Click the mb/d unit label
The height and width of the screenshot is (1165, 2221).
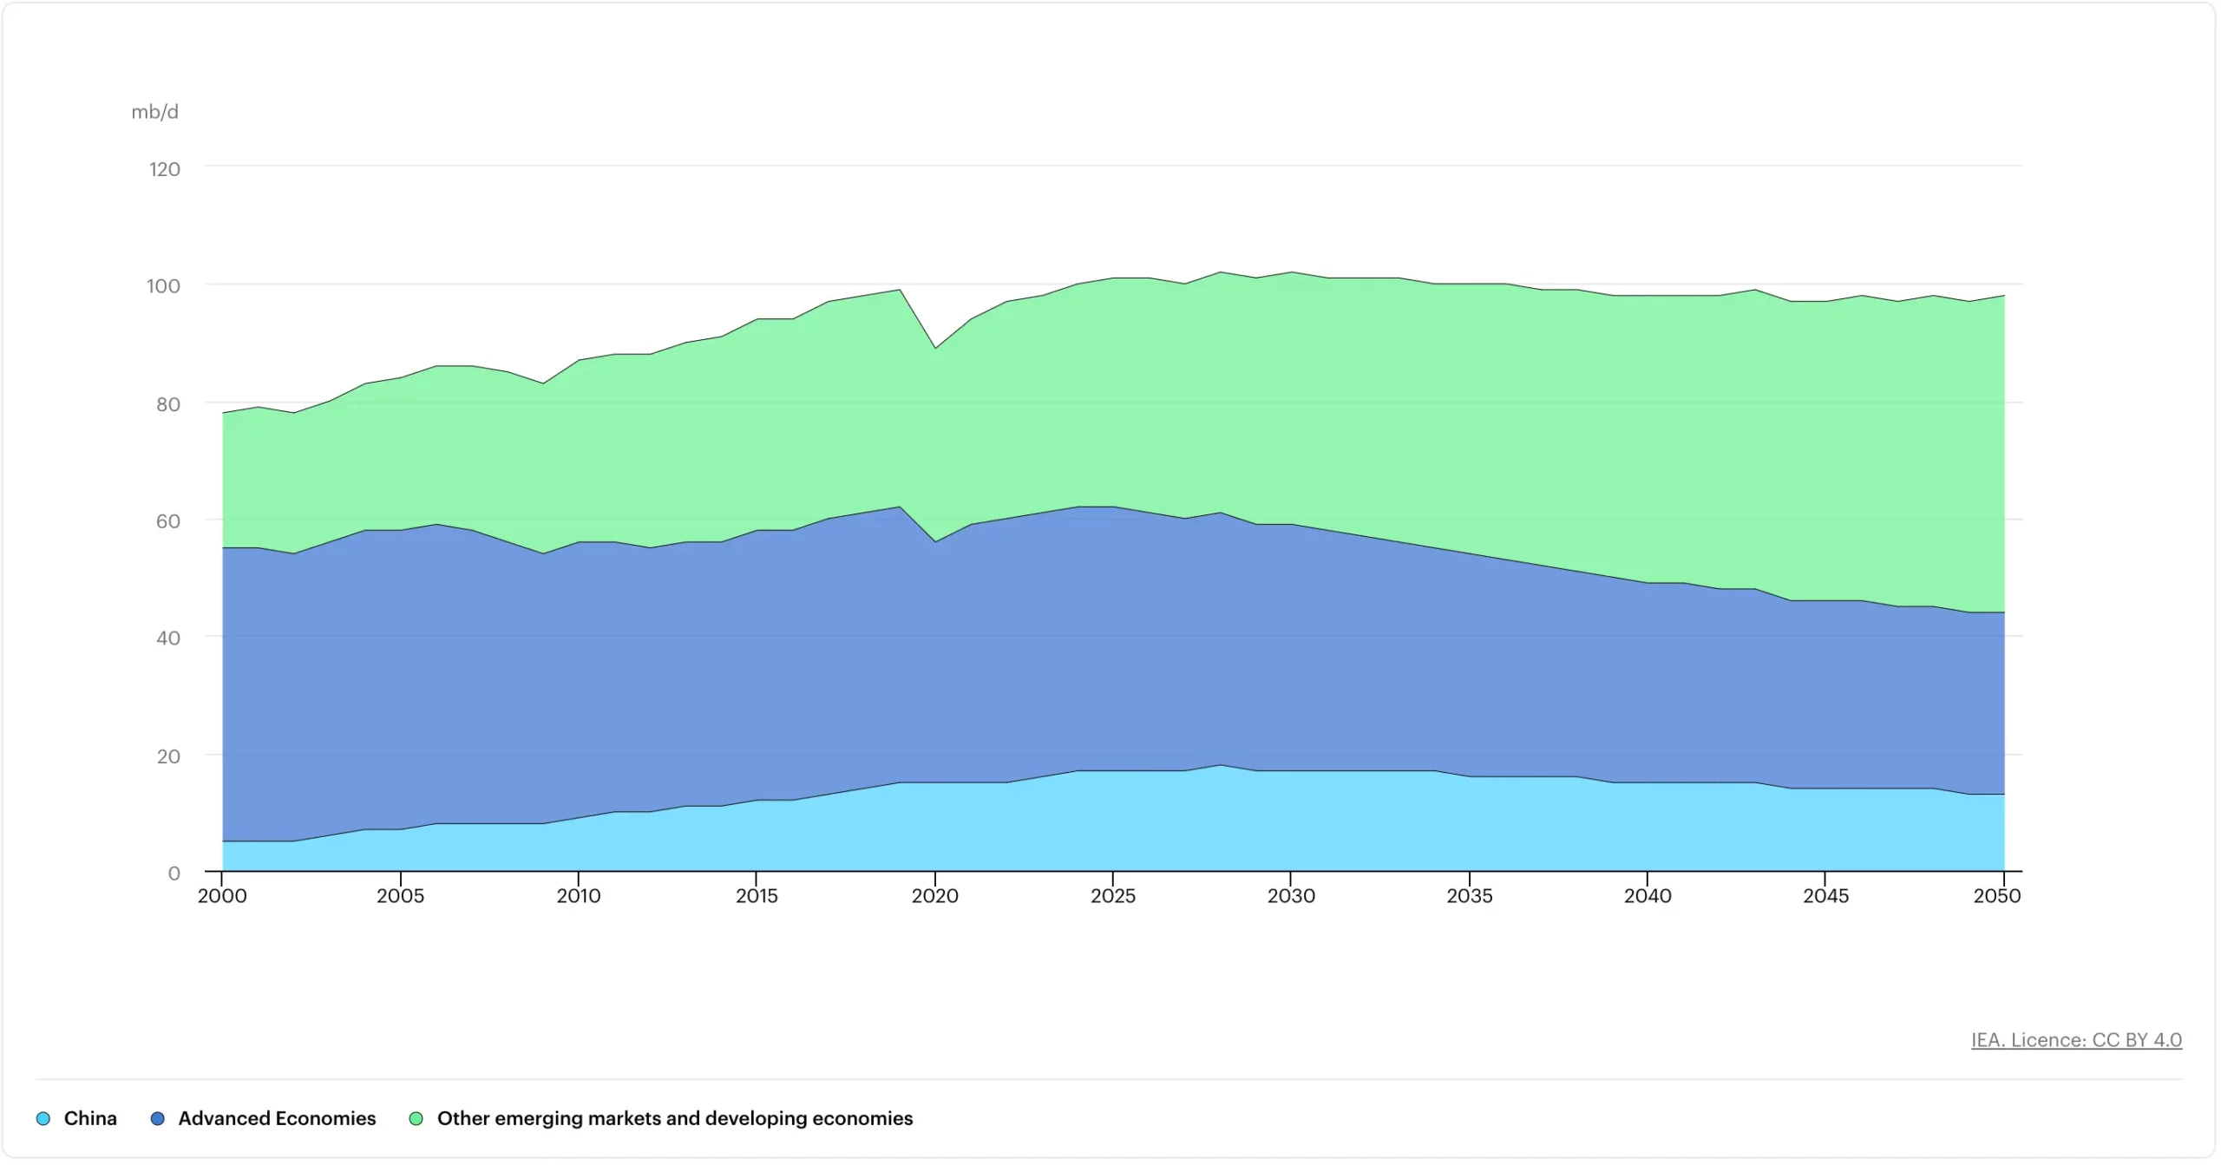[154, 112]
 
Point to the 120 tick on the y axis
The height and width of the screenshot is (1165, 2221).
[164, 169]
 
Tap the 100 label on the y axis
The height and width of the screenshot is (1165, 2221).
[163, 286]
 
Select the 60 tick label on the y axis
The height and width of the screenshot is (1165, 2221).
[167, 521]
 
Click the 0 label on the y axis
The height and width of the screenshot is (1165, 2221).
[174, 874]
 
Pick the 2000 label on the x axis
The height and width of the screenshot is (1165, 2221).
[222, 896]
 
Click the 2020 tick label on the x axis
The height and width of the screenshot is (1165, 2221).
[934, 896]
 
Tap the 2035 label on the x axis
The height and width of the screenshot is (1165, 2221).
[1469, 896]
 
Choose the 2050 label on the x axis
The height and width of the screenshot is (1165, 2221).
[1996, 896]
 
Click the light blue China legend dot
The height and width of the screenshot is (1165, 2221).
[43, 1119]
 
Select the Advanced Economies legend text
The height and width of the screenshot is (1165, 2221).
[277, 1119]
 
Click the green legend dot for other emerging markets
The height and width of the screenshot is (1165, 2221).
[416, 1119]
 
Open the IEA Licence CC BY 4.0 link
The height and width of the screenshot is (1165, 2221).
[2075, 1040]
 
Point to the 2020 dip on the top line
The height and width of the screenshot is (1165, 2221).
[934, 348]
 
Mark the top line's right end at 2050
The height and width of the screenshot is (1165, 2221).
[2003, 296]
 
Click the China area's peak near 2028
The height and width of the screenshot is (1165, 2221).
[1220, 765]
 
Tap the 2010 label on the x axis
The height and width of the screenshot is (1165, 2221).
[579, 896]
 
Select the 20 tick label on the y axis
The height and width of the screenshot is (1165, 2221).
[168, 756]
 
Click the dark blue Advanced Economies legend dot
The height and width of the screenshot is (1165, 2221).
[157, 1119]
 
